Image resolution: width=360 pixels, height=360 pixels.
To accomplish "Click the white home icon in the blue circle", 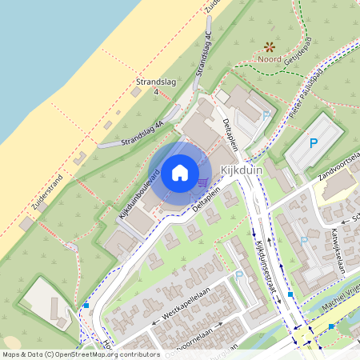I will (180, 173).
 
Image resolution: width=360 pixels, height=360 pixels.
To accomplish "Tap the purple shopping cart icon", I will (203, 183).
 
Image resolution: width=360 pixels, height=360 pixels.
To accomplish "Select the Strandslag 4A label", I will (142, 132).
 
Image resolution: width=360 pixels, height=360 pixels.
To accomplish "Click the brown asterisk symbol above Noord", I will (269, 46).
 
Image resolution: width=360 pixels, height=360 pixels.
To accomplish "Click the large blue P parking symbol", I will (313, 144).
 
